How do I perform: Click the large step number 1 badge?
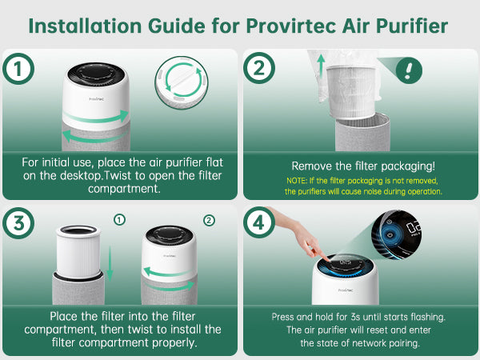click(x=18, y=69)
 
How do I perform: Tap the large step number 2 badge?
click(x=259, y=68)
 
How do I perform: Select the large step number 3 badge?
click(x=18, y=223)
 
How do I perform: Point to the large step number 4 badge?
click(x=259, y=222)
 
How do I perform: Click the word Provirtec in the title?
click(x=291, y=26)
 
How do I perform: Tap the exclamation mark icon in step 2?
click(x=409, y=70)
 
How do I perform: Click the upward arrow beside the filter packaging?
click(x=321, y=66)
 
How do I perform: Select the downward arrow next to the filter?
click(x=110, y=263)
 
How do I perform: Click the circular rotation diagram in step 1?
click(x=182, y=82)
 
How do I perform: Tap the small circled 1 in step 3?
click(x=119, y=219)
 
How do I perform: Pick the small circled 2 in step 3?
click(x=209, y=220)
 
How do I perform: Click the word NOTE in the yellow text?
click(x=296, y=181)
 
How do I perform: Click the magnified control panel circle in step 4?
click(x=396, y=234)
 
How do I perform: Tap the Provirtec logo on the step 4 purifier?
click(x=346, y=290)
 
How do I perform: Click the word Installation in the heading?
click(x=85, y=26)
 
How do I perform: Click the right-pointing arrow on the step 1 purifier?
click(x=96, y=118)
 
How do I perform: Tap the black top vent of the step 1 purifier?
click(x=96, y=75)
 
